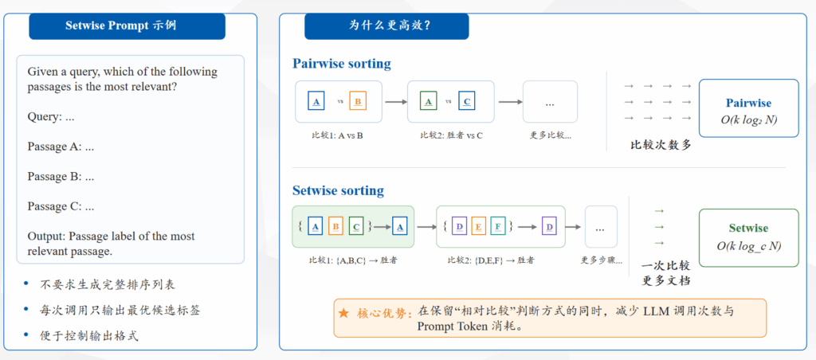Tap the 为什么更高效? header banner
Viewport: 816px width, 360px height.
point(386,26)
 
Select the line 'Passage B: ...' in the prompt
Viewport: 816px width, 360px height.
point(61,176)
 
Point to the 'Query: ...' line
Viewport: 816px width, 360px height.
point(51,116)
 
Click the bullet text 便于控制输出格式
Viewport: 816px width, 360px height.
point(89,335)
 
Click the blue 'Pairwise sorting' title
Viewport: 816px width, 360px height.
point(341,64)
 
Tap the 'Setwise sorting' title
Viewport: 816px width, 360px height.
point(338,190)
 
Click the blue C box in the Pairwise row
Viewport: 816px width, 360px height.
point(467,101)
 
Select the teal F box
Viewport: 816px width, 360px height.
point(496,226)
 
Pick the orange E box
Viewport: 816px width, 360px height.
point(478,226)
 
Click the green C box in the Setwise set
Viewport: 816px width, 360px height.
point(356,226)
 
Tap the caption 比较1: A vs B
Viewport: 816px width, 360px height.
point(338,135)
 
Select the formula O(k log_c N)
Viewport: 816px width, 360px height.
point(748,245)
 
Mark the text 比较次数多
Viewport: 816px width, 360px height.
point(661,145)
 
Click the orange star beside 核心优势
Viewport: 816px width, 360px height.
point(344,313)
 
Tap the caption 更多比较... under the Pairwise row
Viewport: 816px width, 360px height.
point(550,135)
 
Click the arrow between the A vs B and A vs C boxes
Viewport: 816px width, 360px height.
point(395,102)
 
